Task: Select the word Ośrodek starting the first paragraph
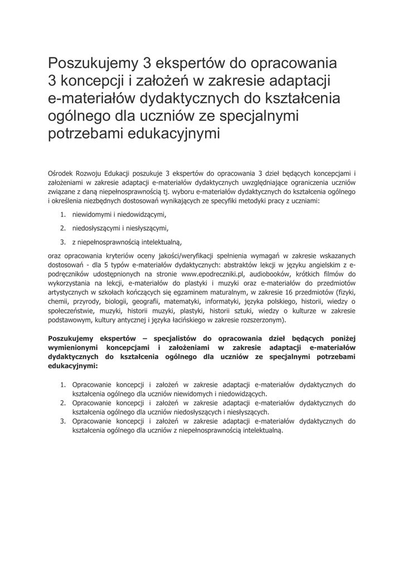(62, 173)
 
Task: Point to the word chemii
(59, 302)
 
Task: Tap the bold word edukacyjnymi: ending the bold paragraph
(73, 366)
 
